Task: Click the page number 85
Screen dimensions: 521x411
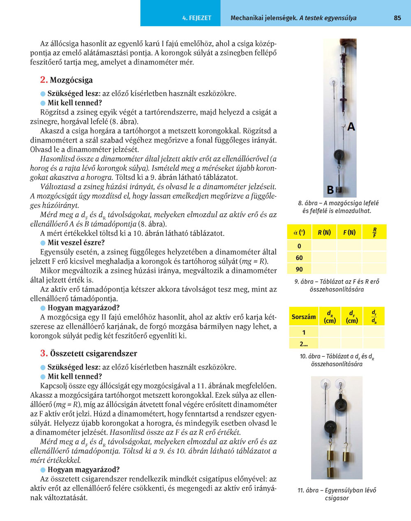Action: [397, 18]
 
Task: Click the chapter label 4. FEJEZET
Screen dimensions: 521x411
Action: [196, 18]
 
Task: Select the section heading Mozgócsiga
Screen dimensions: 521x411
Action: [71, 80]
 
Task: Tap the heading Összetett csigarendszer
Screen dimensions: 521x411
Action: [93, 353]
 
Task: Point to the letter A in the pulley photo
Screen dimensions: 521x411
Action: [351, 127]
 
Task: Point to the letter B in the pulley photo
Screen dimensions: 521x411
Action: [330, 190]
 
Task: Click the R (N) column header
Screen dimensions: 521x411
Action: [324, 233]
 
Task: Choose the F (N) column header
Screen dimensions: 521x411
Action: [349, 233]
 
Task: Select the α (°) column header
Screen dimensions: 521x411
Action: [299, 233]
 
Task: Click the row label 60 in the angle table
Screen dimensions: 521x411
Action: [299, 258]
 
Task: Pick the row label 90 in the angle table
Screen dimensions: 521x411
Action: [299, 269]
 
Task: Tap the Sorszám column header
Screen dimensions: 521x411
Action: [304, 317]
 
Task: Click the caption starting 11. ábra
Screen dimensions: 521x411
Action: [337, 494]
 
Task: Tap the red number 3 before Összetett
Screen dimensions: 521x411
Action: [44, 353]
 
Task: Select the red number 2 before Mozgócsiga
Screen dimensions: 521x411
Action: [44, 80]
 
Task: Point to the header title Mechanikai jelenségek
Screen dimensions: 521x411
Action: [264, 18]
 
